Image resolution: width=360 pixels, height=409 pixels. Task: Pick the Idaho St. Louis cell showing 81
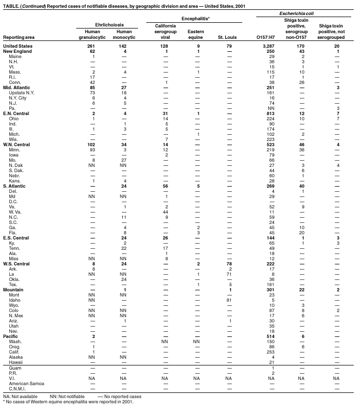click(229, 300)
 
